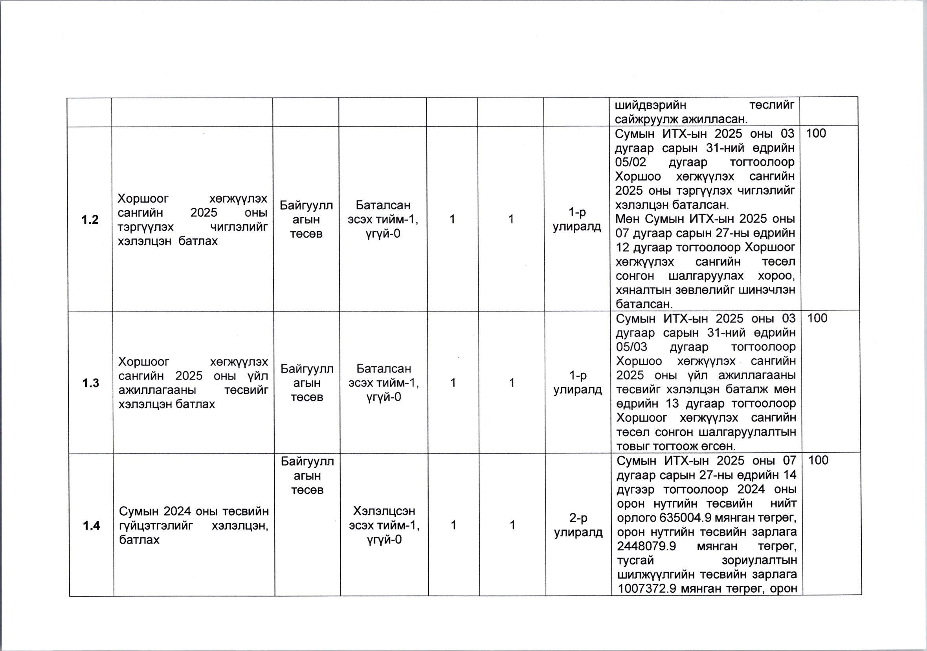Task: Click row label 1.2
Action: [x=90, y=220]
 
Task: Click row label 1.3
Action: [x=91, y=383]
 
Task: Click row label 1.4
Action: [x=91, y=526]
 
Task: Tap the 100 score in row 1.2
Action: [x=816, y=133]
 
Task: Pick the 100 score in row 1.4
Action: [x=819, y=460]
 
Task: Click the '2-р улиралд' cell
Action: [x=578, y=526]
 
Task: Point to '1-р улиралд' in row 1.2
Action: [x=576, y=219]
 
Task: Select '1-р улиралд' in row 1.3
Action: [x=577, y=383]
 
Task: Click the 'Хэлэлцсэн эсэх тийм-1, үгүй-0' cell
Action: [x=384, y=526]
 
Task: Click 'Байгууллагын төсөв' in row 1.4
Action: [x=307, y=476]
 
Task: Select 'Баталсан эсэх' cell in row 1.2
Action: [x=383, y=219]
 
